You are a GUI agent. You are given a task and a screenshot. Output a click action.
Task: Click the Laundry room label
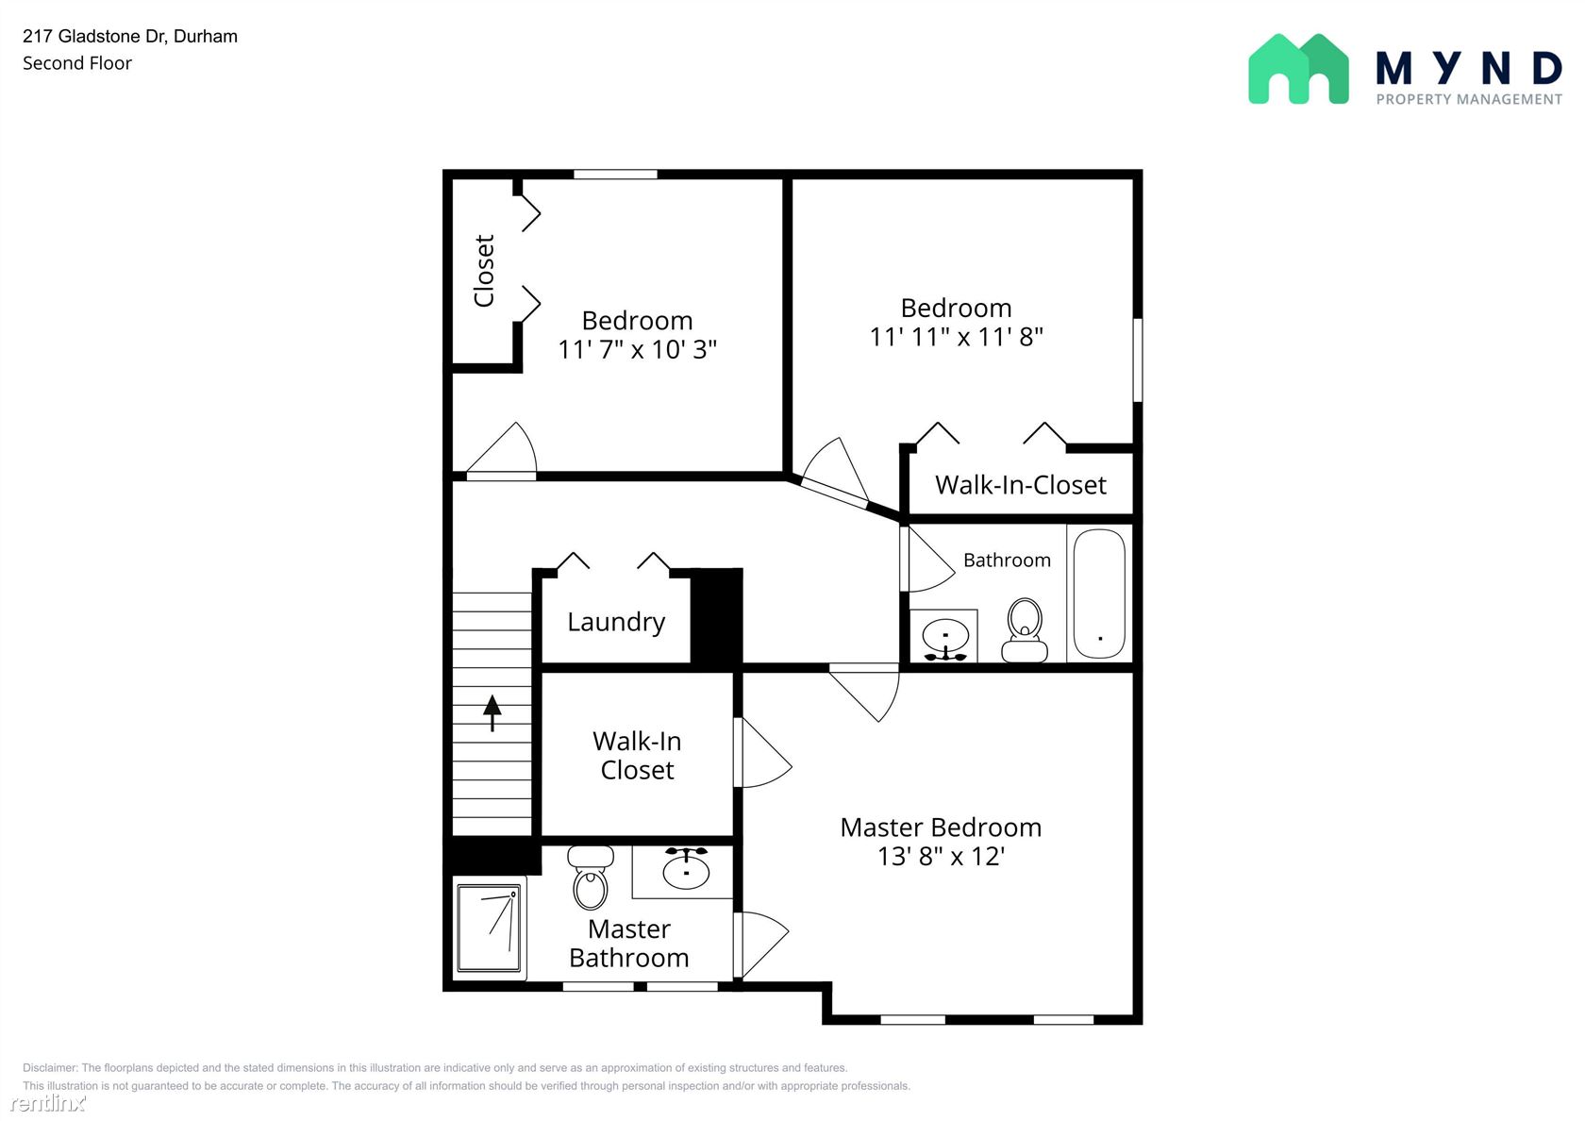615,623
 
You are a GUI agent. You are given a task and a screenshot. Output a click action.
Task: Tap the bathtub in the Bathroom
1099,594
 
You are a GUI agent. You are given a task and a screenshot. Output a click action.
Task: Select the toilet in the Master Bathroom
591,877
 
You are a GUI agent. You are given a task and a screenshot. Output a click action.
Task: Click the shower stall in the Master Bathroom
489,927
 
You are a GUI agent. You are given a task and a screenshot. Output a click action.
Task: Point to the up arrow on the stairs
492,712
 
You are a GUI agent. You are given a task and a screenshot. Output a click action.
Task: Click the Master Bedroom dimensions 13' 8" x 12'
942,857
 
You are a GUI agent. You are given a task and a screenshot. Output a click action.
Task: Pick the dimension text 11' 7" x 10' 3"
638,349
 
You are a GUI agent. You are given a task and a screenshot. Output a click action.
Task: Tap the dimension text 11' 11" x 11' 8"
956,337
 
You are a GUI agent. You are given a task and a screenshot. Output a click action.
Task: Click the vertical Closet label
484,271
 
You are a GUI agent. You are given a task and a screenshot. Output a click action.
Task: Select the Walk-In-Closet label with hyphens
1021,485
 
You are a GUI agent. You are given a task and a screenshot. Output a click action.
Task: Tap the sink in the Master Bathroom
686,867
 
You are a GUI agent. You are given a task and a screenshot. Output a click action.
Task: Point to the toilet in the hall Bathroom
1025,630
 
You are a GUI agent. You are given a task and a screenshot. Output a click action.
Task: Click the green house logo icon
1298,69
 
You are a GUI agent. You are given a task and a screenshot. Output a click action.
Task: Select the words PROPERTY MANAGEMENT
1469,100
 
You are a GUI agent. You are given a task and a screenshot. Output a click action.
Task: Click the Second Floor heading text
77,64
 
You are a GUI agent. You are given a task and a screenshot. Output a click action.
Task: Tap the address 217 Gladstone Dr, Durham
130,37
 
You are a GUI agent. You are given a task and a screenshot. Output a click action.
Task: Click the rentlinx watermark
47,1102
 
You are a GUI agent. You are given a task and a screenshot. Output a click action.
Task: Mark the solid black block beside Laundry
716,615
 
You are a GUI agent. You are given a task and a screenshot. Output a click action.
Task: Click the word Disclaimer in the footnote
49,1067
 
